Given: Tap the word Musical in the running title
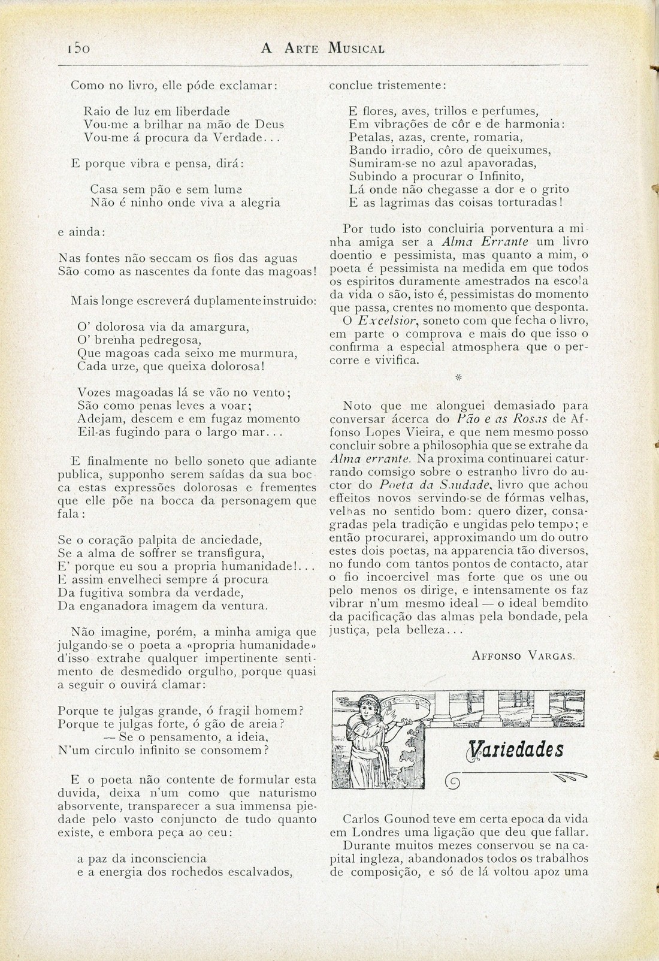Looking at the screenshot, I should [356, 49].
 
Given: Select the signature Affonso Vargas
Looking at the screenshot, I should [524, 655].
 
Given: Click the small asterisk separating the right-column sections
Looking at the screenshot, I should [458, 377].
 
